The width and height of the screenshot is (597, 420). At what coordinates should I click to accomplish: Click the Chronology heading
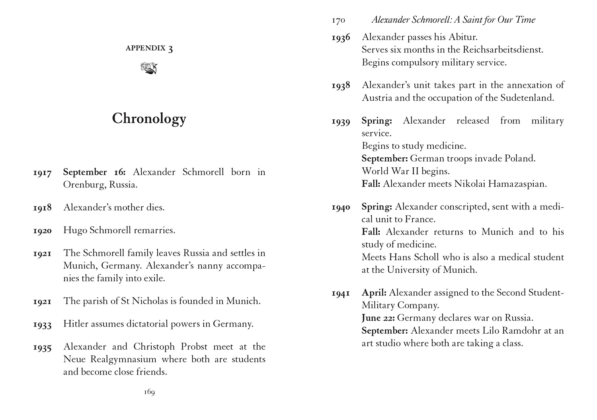click(x=149, y=119)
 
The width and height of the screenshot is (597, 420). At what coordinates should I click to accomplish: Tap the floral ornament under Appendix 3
click(x=149, y=68)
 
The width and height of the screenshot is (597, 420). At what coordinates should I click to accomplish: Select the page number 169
click(x=149, y=392)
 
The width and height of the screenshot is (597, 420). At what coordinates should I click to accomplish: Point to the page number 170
click(x=338, y=20)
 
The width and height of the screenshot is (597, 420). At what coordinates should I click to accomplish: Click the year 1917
click(x=43, y=173)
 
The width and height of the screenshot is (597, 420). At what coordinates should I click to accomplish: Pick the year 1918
click(x=43, y=208)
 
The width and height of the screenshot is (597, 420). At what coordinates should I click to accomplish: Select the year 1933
click(x=43, y=324)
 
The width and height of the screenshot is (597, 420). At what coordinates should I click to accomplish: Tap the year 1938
click(x=341, y=86)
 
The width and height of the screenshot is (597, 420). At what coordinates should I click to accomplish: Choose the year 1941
click(x=341, y=293)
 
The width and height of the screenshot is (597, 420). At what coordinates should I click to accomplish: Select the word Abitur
click(x=462, y=37)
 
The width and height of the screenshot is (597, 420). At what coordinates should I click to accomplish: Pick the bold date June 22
click(x=378, y=318)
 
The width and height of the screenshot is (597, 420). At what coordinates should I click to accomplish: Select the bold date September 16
click(x=94, y=172)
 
